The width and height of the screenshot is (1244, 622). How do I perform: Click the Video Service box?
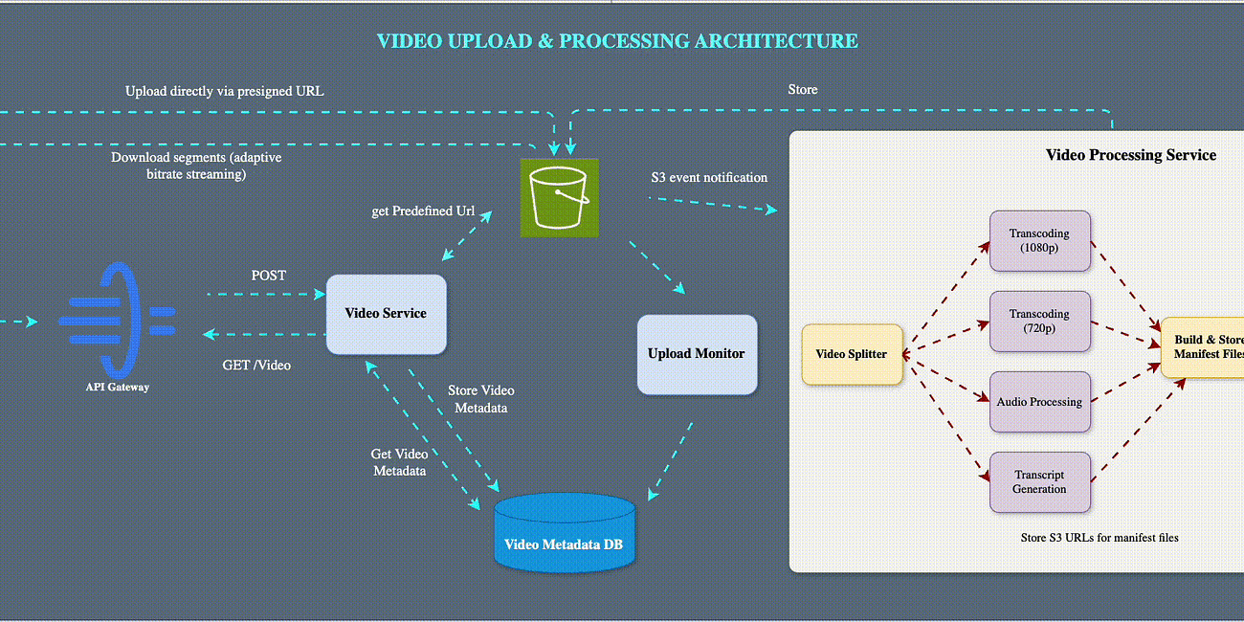(x=386, y=314)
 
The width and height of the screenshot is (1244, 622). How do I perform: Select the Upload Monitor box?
(x=697, y=354)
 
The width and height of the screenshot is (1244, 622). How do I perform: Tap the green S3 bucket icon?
(x=559, y=198)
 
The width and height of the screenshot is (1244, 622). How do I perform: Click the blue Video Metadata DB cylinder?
(x=565, y=533)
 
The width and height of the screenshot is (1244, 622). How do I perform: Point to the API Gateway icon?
(x=118, y=315)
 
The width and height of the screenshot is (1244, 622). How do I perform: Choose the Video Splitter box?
(x=852, y=354)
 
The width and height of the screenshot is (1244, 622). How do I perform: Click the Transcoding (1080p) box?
(x=1039, y=241)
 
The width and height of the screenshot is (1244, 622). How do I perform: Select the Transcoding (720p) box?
(x=1039, y=322)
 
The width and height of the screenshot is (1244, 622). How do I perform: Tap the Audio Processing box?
(x=1039, y=402)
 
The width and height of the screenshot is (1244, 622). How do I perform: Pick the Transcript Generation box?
(x=1039, y=482)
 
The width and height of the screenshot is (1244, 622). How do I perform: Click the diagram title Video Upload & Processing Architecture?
(x=617, y=41)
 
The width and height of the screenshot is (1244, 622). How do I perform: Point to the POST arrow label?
(x=268, y=276)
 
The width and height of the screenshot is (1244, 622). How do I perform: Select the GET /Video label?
(x=256, y=365)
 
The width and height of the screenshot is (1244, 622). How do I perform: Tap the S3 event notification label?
(x=708, y=177)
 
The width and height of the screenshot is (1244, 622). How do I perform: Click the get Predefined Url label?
(x=423, y=211)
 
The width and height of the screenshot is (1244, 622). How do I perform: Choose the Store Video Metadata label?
(x=480, y=399)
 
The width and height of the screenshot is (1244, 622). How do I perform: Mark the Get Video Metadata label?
(x=399, y=462)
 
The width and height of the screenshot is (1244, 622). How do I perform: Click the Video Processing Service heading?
(x=1131, y=155)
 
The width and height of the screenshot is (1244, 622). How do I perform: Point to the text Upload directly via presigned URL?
(x=224, y=91)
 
